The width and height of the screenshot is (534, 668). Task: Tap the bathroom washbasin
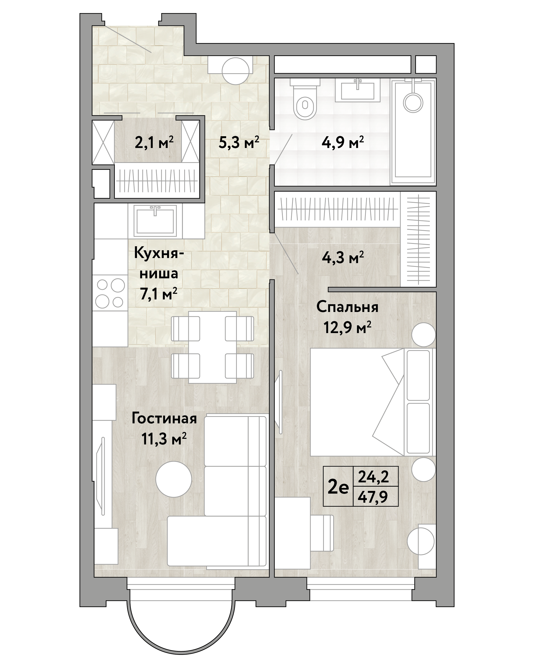[x=358, y=90]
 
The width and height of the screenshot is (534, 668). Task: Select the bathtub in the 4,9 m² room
[x=413, y=132]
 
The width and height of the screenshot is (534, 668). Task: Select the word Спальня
[x=347, y=307]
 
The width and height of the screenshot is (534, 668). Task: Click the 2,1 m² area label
[x=154, y=143]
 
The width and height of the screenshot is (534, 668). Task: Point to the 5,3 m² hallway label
[x=239, y=143]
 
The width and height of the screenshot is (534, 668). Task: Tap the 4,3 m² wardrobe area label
[x=343, y=257]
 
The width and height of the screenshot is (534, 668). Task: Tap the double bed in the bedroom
[x=373, y=402]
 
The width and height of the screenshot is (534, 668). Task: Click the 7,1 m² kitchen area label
[x=159, y=294]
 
